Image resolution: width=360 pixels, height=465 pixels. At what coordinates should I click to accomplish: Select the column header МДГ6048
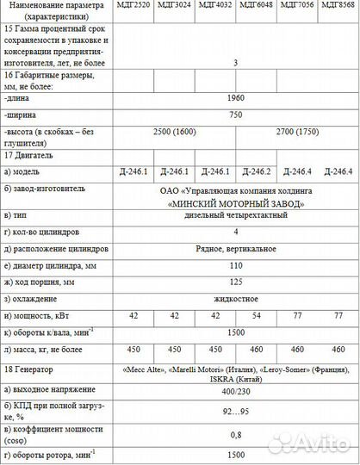click(x=256, y=6)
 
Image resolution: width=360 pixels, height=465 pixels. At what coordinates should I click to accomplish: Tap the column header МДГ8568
click(x=338, y=6)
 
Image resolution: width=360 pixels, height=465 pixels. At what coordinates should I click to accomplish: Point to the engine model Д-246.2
click(x=256, y=170)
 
